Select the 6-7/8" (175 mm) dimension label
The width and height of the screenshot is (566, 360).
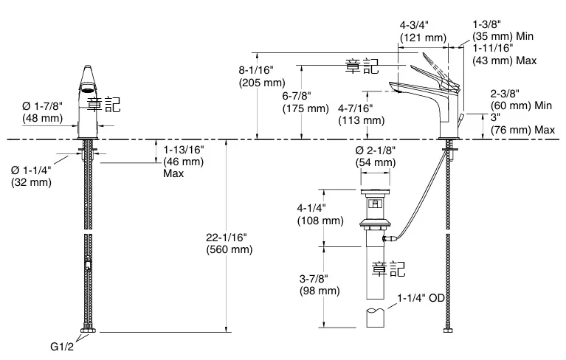305,102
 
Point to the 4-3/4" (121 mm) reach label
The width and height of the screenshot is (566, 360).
423,30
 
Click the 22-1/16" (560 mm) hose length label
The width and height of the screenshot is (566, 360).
229,243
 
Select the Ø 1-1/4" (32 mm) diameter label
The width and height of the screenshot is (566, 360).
31,176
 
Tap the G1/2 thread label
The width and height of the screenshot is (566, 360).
63,347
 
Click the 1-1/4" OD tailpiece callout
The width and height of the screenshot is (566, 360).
421,299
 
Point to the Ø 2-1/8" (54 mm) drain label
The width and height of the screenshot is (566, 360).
376,156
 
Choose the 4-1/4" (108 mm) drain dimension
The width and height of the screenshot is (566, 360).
320,214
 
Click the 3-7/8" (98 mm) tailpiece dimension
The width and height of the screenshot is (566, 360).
320,284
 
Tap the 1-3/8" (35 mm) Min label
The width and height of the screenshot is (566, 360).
503,30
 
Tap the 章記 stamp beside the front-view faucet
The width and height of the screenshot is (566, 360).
103,104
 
